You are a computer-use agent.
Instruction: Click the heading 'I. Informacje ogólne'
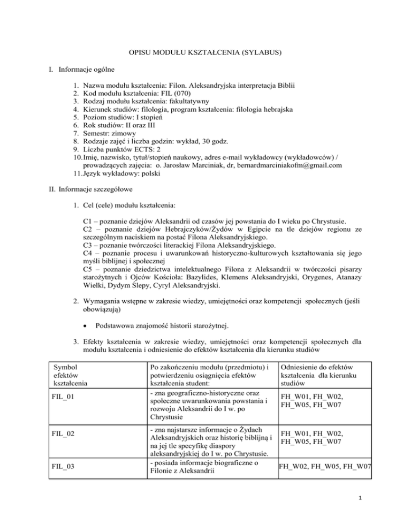pyautogui.click(x=49, y=69)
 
